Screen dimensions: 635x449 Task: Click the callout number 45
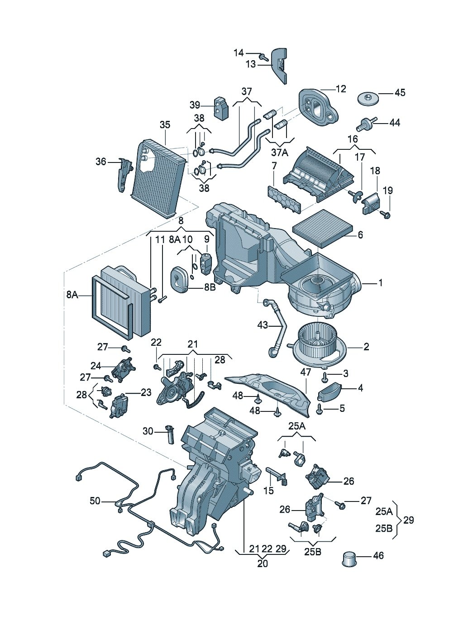[400, 93]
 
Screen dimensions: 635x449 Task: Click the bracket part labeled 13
[280, 65]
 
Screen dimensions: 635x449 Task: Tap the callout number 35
[165, 124]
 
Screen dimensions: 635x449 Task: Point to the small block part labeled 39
[221, 109]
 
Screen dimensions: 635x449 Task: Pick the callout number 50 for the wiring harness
[95, 501]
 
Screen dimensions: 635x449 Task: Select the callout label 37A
[279, 153]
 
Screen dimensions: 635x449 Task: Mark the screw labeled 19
[385, 215]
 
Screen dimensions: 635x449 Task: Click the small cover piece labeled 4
[330, 391]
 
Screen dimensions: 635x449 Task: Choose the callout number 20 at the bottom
[262, 563]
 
